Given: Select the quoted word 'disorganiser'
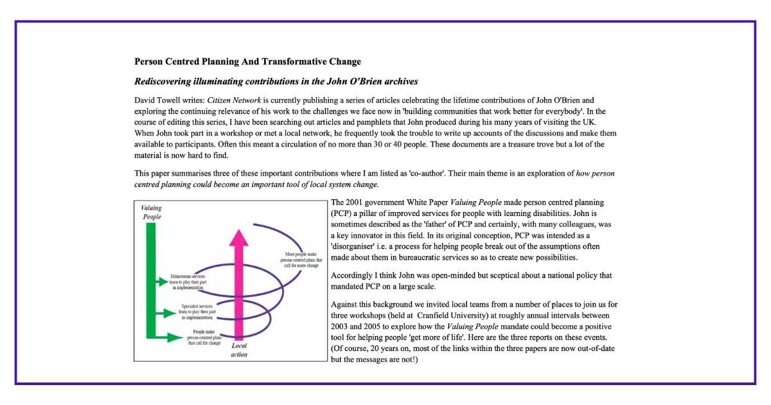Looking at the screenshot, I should pyautogui.click(x=356, y=246).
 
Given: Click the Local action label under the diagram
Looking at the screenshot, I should pyautogui.click(x=239, y=350).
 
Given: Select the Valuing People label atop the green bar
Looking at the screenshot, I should pyautogui.click(x=152, y=212).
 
